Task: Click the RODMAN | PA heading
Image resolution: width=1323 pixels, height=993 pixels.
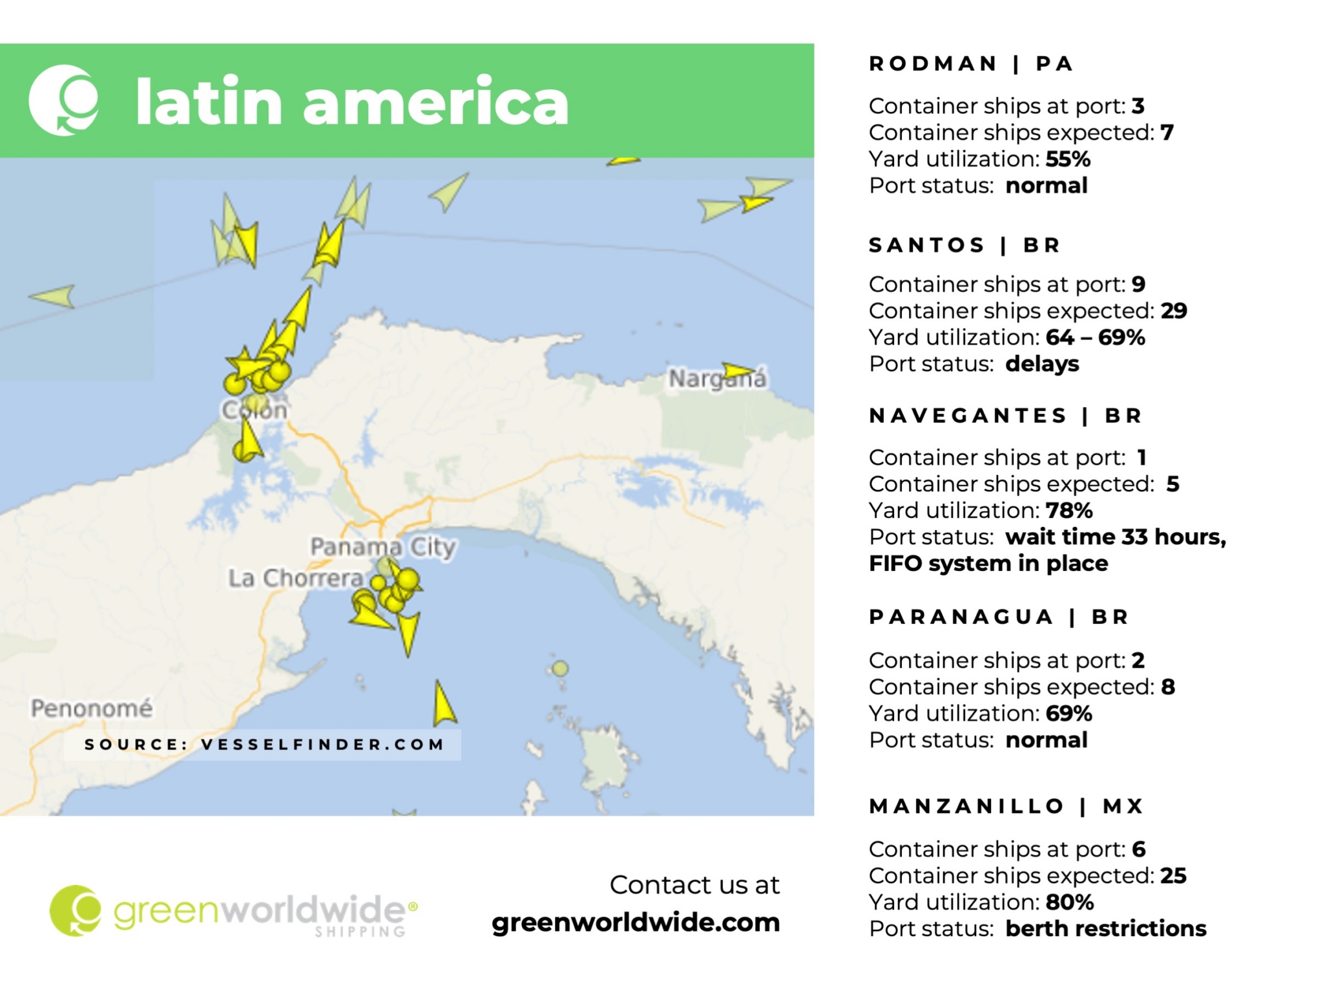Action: click(972, 64)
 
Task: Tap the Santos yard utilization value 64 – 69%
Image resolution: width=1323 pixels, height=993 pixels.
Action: click(1095, 337)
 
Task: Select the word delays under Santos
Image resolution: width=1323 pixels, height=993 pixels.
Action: click(1041, 364)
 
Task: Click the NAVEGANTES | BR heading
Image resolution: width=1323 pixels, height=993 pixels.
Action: click(1005, 416)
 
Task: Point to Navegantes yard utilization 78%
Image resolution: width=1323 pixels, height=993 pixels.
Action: click(1069, 511)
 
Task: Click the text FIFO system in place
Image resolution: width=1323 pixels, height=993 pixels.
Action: click(988, 564)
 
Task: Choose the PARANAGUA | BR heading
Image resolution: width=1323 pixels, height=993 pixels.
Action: click(999, 617)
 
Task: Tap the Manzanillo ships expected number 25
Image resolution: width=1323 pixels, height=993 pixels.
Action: click(1173, 876)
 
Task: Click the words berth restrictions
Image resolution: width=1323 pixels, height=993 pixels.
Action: click(1105, 929)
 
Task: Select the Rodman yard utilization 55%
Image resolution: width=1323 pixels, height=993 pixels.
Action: click(1068, 159)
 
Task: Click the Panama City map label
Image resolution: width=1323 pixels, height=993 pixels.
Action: click(382, 547)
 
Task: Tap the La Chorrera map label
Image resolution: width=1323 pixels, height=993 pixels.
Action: click(295, 578)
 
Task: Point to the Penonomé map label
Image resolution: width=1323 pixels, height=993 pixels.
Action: click(92, 709)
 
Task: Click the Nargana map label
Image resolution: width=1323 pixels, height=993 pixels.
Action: click(717, 379)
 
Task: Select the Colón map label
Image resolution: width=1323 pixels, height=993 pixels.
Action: click(254, 410)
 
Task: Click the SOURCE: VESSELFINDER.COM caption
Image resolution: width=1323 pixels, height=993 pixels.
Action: click(264, 745)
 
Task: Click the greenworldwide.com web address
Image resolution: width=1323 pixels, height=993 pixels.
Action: click(636, 923)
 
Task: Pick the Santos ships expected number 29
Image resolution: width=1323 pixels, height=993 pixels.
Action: click(1173, 311)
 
